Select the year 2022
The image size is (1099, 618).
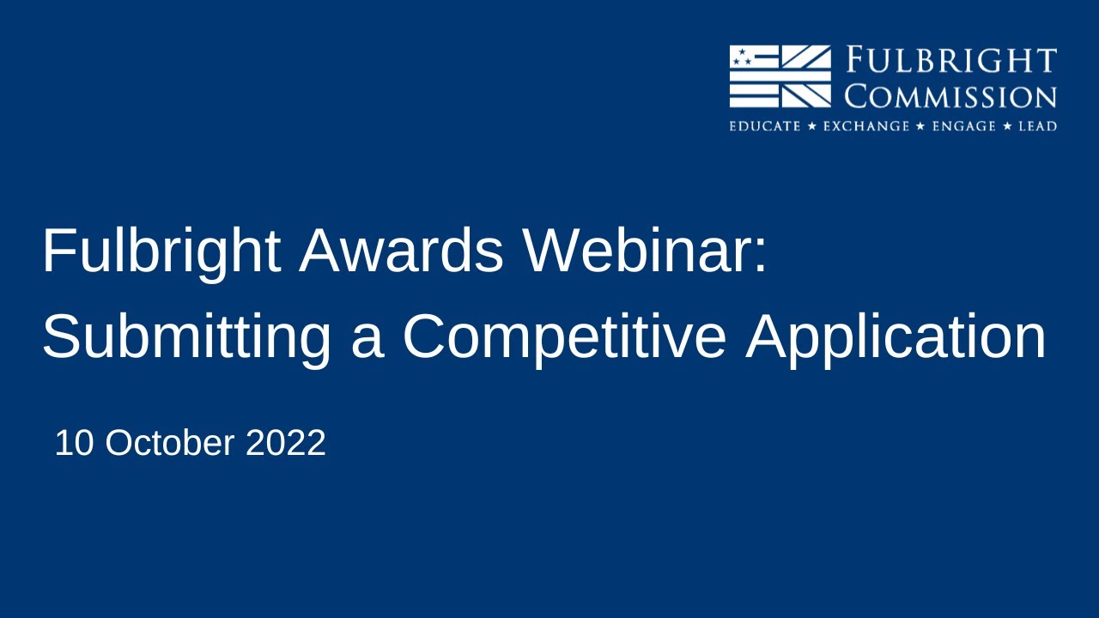pyautogui.click(x=286, y=444)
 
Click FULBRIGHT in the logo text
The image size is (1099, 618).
pyautogui.click(x=952, y=62)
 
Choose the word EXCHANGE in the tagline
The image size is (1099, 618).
pyautogui.click(x=865, y=126)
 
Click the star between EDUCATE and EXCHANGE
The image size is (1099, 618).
pyautogui.click(x=811, y=126)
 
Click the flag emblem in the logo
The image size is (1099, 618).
pyautogui.click(x=780, y=76)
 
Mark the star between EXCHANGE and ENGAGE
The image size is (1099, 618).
pyautogui.click(x=920, y=126)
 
